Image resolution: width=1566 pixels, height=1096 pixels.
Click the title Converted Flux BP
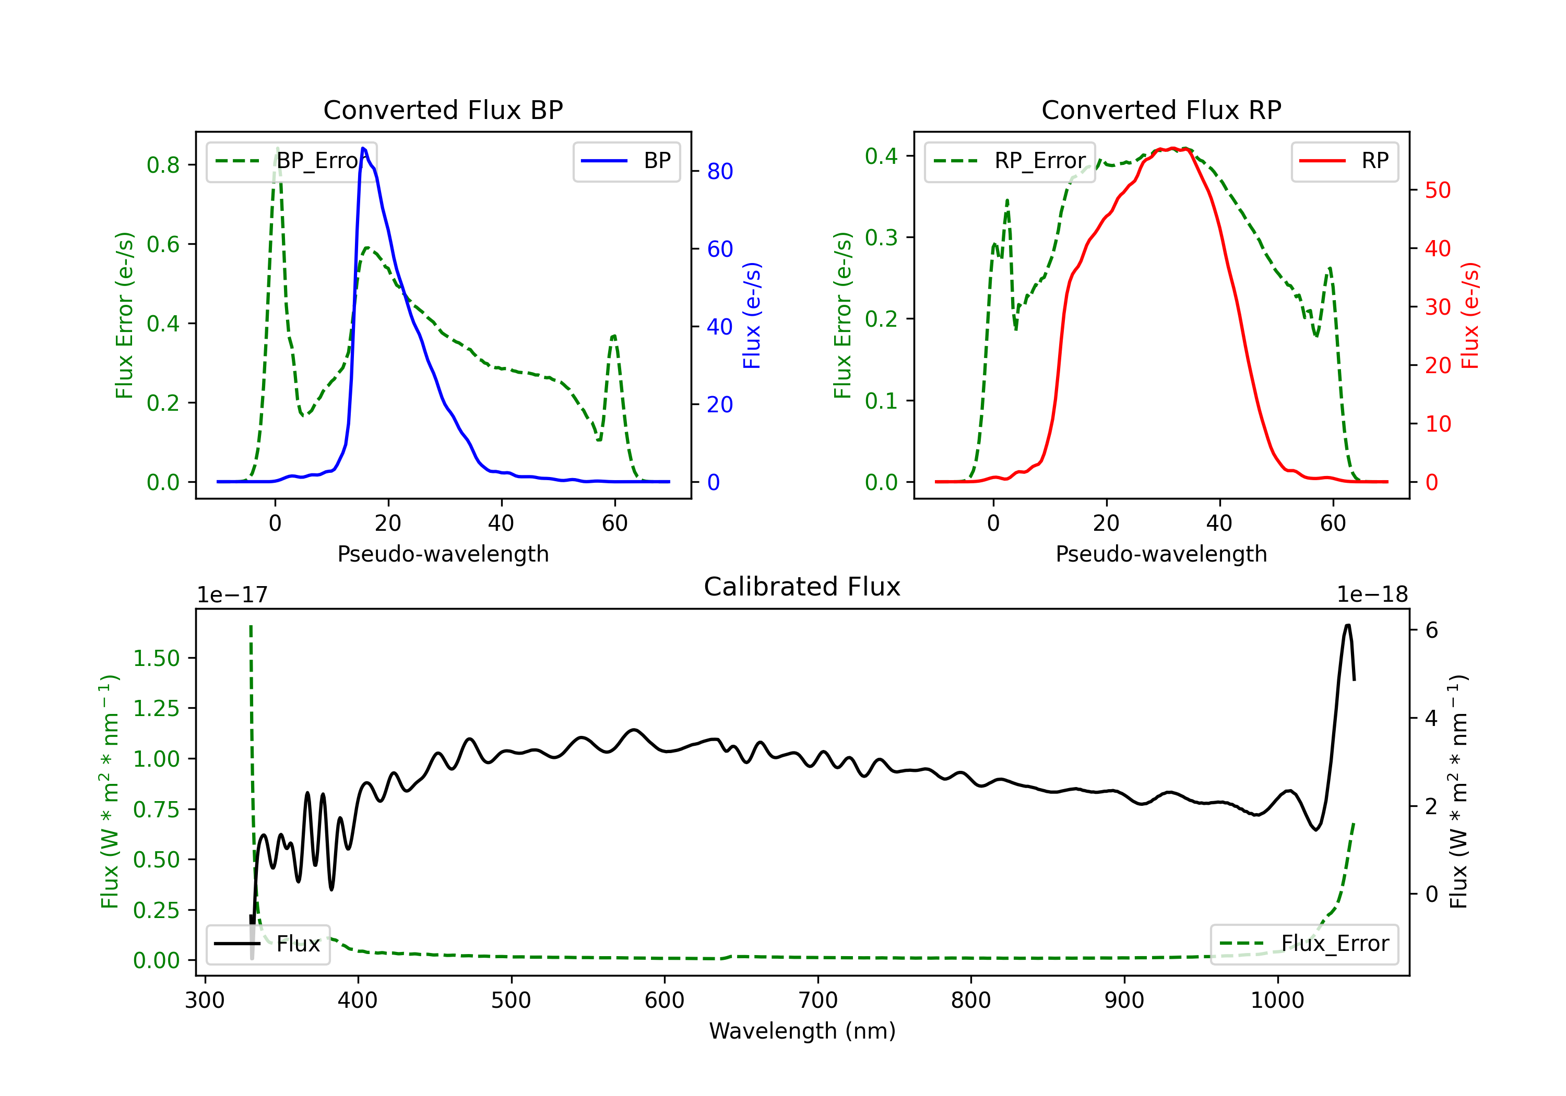[x=443, y=110]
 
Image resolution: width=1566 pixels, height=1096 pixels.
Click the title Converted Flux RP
[x=1161, y=110]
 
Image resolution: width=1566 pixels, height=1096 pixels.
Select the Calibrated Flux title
[x=802, y=587]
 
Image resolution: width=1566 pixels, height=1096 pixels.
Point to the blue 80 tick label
[x=719, y=171]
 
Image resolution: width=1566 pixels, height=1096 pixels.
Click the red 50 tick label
[x=1438, y=190]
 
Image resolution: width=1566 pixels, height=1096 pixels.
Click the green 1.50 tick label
[x=156, y=658]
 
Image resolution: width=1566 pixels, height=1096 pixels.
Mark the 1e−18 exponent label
[x=1372, y=595]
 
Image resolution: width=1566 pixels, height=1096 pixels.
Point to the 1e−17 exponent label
[x=232, y=595]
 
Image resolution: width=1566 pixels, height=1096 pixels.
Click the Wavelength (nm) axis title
[x=802, y=1031]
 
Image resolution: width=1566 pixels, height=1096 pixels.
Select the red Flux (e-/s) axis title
[x=1470, y=315]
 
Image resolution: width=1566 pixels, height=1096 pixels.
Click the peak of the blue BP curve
[x=363, y=148]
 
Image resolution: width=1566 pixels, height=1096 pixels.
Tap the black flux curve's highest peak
[x=1348, y=625]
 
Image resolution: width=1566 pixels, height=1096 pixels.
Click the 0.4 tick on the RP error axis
[x=881, y=156]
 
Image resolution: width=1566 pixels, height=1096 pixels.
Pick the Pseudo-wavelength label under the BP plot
[x=443, y=554]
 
